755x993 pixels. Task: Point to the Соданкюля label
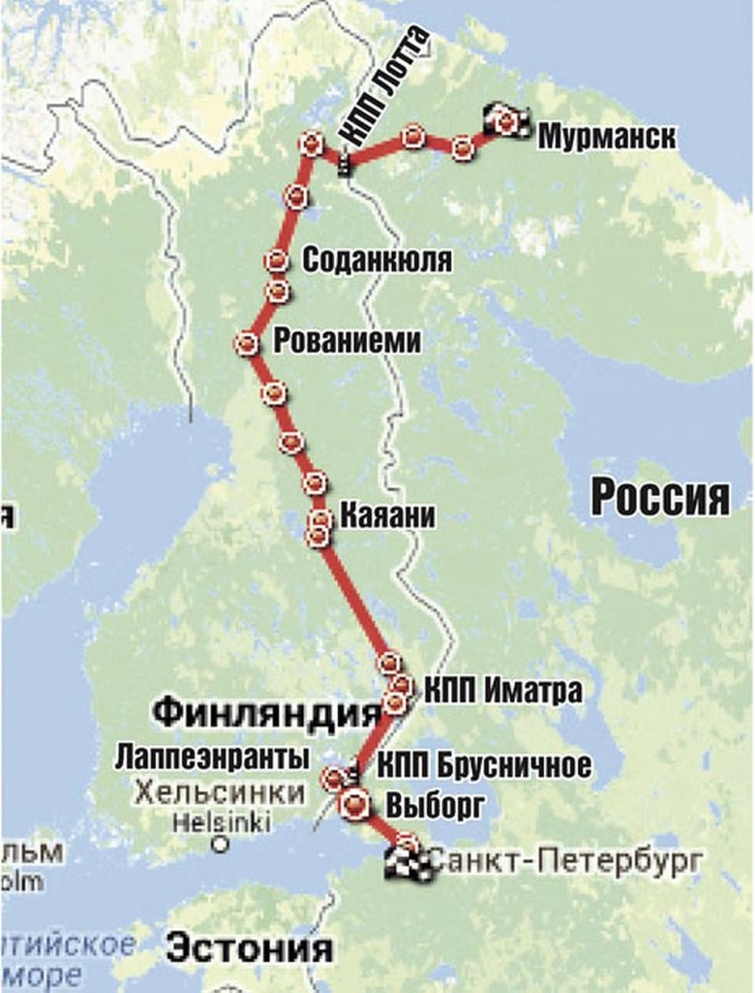(377, 260)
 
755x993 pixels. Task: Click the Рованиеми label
(348, 341)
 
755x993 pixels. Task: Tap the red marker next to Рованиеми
(247, 343)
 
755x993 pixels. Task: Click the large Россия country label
(660, 498)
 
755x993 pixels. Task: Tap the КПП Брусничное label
(484, 765)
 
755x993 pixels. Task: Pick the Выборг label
(435, 804)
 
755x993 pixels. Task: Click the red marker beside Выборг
(355, 802)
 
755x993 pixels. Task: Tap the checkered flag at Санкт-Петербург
(408, 861)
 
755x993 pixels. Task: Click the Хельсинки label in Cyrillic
(221, 792)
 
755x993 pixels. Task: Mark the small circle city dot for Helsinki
(222, 844)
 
